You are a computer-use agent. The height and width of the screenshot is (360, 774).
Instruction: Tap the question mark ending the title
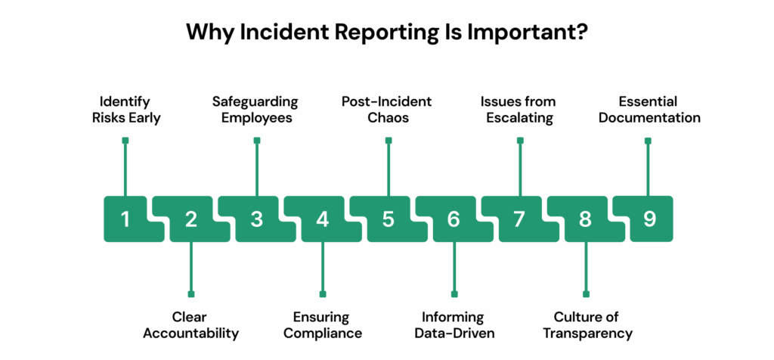(583, 33)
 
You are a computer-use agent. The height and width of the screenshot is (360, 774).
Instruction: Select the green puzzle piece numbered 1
(125, 219)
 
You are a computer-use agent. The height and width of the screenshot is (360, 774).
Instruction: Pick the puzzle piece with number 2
(191, 219)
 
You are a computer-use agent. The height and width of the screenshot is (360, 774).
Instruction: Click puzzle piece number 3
(257, 219)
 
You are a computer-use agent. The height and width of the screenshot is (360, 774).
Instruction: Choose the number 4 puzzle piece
(323, 219)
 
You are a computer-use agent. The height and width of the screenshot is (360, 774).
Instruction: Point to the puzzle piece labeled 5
(389, 219)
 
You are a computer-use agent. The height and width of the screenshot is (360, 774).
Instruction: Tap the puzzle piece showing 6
(454, 219)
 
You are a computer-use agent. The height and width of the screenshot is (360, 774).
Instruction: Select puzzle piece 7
(519, 219)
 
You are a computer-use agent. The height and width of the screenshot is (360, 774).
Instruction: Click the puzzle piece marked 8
(585, 219)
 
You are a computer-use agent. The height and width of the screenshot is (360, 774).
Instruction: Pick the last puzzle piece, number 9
(650, 219)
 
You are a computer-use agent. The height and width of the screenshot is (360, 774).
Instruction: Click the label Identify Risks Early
(125, 110)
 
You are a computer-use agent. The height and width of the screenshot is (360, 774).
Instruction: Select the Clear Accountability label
(191, 324)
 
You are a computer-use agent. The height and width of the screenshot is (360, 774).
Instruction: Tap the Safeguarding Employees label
(257, 110)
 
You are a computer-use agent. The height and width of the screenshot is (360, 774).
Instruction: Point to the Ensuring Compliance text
(323, 324)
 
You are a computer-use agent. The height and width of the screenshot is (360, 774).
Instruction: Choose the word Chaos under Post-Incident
(389, 119)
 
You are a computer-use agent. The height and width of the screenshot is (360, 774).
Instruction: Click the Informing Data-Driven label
(454, 324)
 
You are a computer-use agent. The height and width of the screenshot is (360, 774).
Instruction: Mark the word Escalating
(519, 119)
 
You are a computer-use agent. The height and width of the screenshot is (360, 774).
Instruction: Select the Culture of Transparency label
(585, 324)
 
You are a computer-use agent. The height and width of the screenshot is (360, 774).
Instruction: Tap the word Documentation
(650, 119)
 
